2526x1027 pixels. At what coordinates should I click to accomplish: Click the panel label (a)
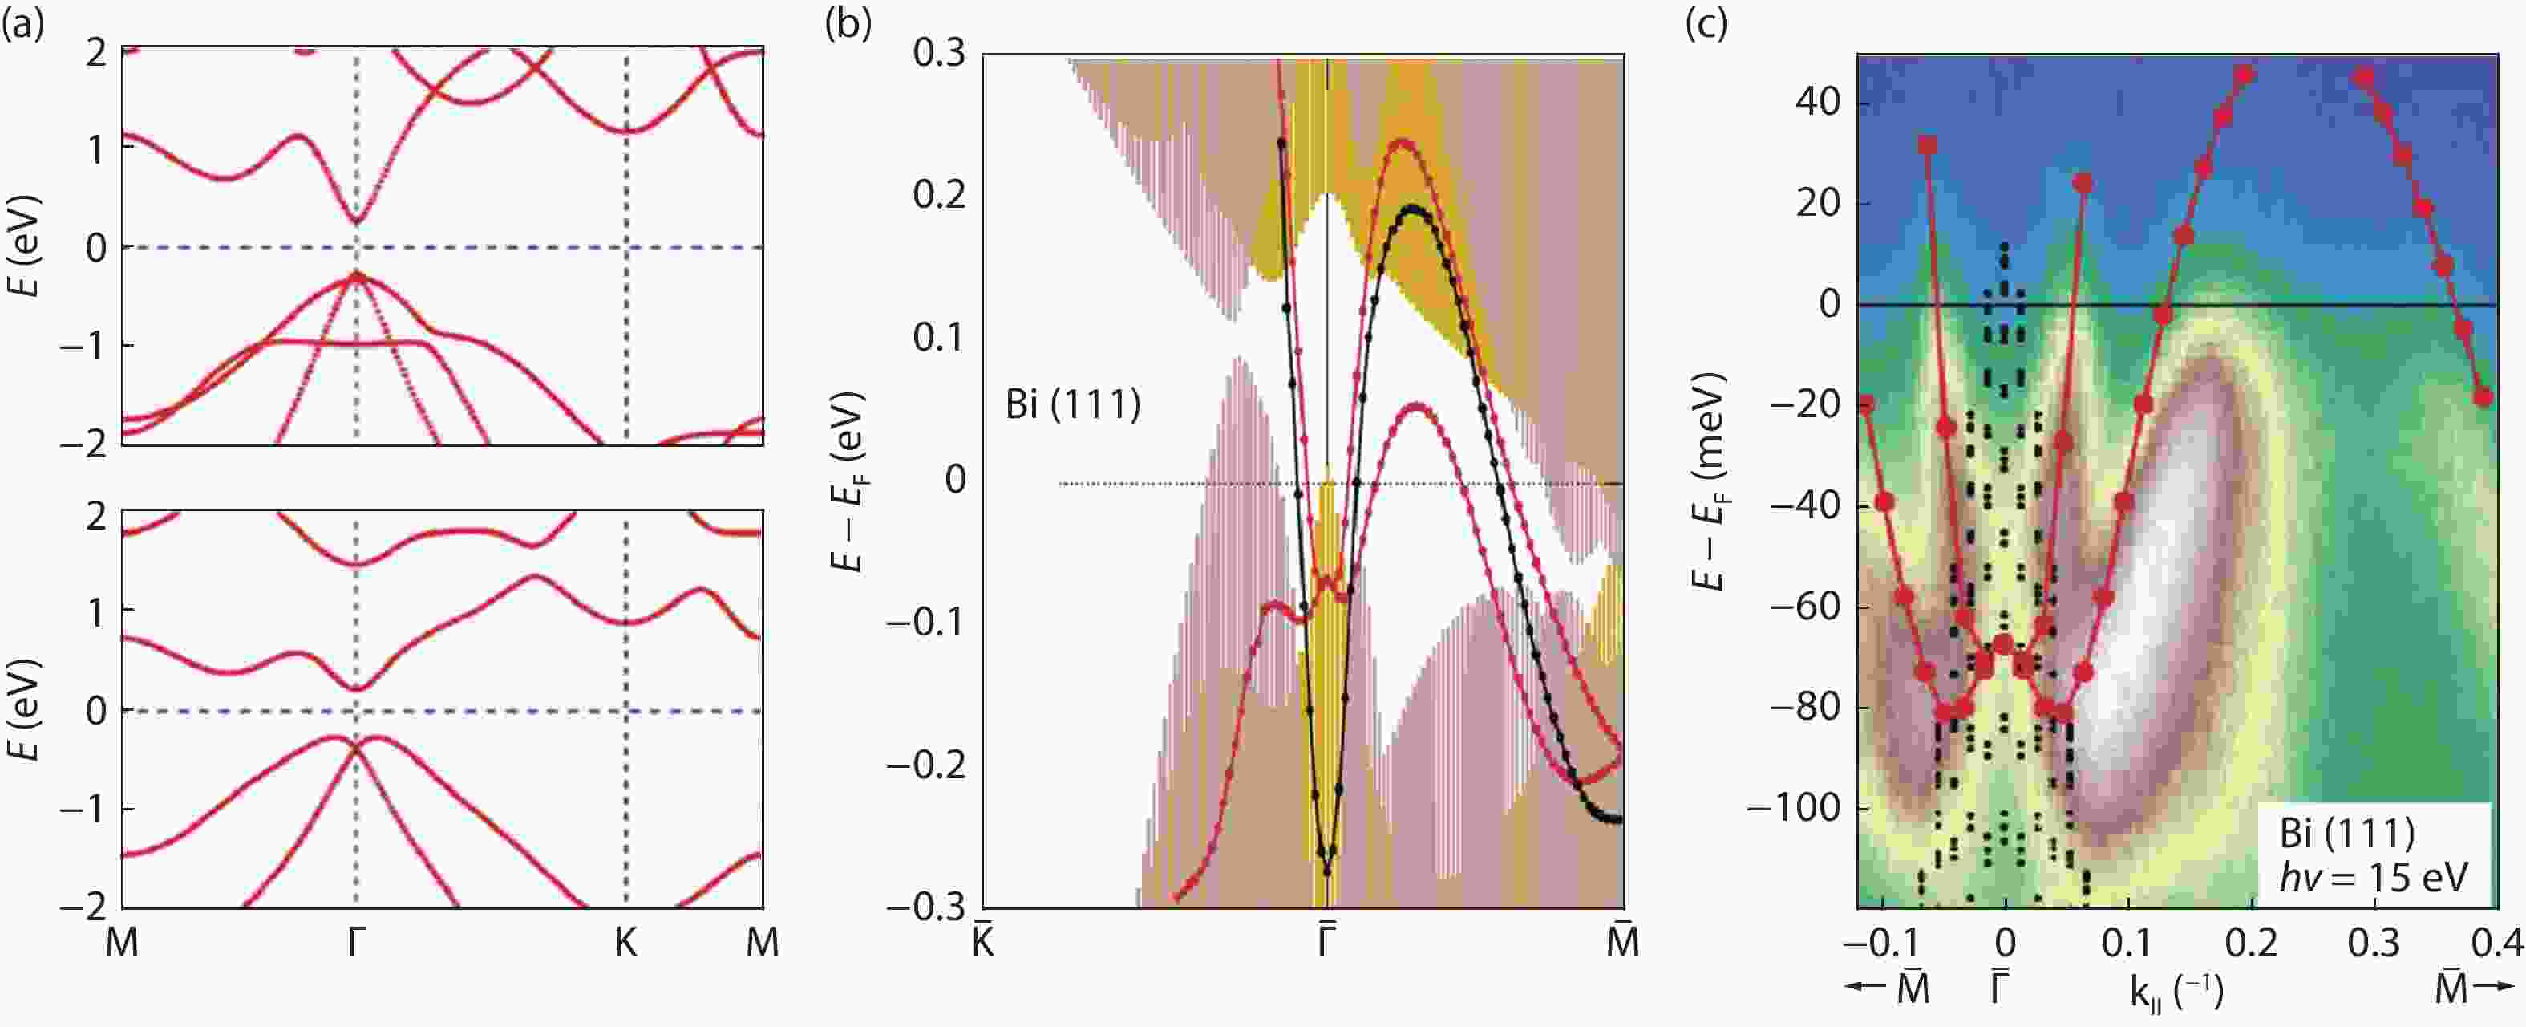[23, 23]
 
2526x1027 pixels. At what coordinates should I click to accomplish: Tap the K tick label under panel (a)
[625, 944]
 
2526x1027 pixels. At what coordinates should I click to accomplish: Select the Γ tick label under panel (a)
[355, 944]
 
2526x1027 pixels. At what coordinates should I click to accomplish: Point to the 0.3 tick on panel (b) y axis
[938, 53]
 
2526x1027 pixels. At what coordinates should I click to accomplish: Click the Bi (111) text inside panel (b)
[1073, 404]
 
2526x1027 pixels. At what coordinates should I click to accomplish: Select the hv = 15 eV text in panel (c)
[2372, 876]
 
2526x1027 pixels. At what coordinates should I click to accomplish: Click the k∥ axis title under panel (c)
[2175, 992]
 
